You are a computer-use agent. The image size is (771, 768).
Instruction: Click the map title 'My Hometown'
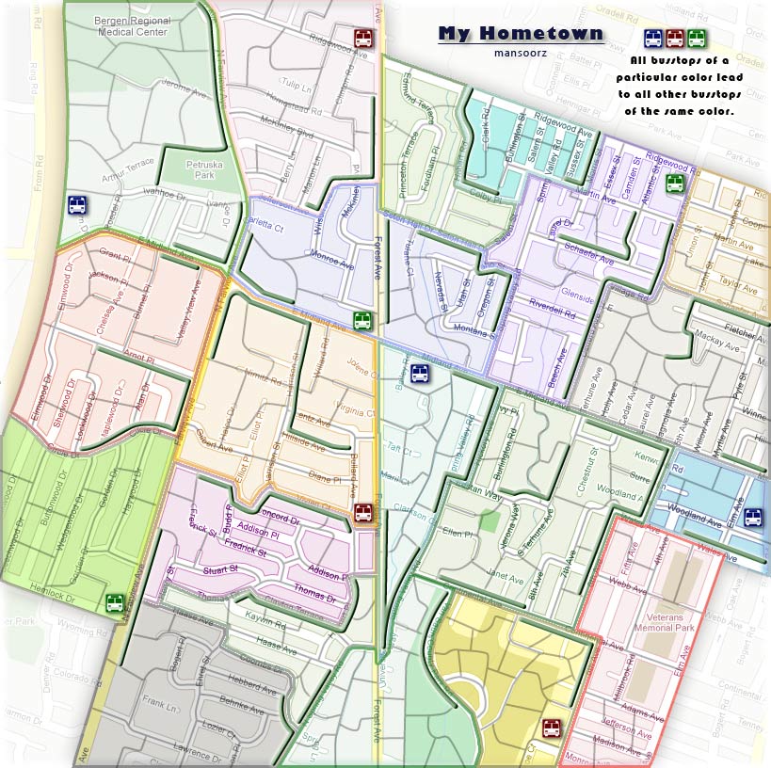pyautogui.click(x=521, y=34)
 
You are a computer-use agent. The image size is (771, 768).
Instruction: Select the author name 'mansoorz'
pyautogui.click(x=520, y=52)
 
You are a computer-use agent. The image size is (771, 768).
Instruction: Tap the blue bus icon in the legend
pyautogui.click(x=652, y=39)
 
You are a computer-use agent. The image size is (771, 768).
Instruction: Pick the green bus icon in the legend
pyautogui.click(x=697, y=39)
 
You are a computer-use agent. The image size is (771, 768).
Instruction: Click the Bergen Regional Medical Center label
pyautogui.click(x=132, y=25)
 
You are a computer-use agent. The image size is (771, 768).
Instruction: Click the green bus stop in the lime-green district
pyautogui.click(x=115, y=602)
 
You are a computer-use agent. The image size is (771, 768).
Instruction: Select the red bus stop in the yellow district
pyautogui.click(x=552, y=728)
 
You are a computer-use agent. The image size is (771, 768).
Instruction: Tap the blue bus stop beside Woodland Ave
pyautogui.click(x=753, y=517)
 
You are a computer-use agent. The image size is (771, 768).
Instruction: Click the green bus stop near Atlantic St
pyautogui.click(x=675, y=183)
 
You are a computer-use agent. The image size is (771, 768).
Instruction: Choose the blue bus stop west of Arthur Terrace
pyautogui.click(x=76, y=205)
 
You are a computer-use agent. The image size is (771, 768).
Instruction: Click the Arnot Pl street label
pyautogui.click(x=137, y=358)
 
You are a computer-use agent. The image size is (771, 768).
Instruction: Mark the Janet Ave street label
pyautogui.click(x=505, y=577)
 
